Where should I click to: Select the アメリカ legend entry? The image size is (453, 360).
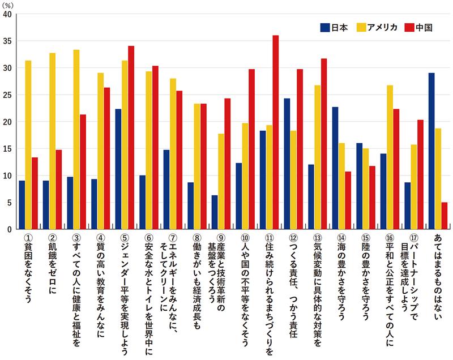point(377,27)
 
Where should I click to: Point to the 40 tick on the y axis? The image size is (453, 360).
point(7,14)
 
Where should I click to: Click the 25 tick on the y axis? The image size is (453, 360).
point(7,95)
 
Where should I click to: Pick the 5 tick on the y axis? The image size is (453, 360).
point(9,203)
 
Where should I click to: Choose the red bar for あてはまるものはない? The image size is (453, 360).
point(445,216)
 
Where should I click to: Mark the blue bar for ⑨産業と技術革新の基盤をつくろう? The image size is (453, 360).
point(215,212)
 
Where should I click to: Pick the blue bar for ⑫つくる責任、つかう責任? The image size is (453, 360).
point(287,164)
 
